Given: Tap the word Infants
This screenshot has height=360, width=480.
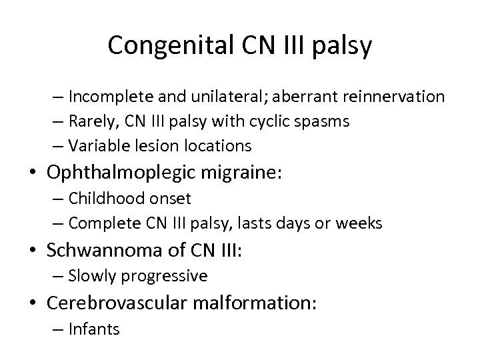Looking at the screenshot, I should [94, 329].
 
